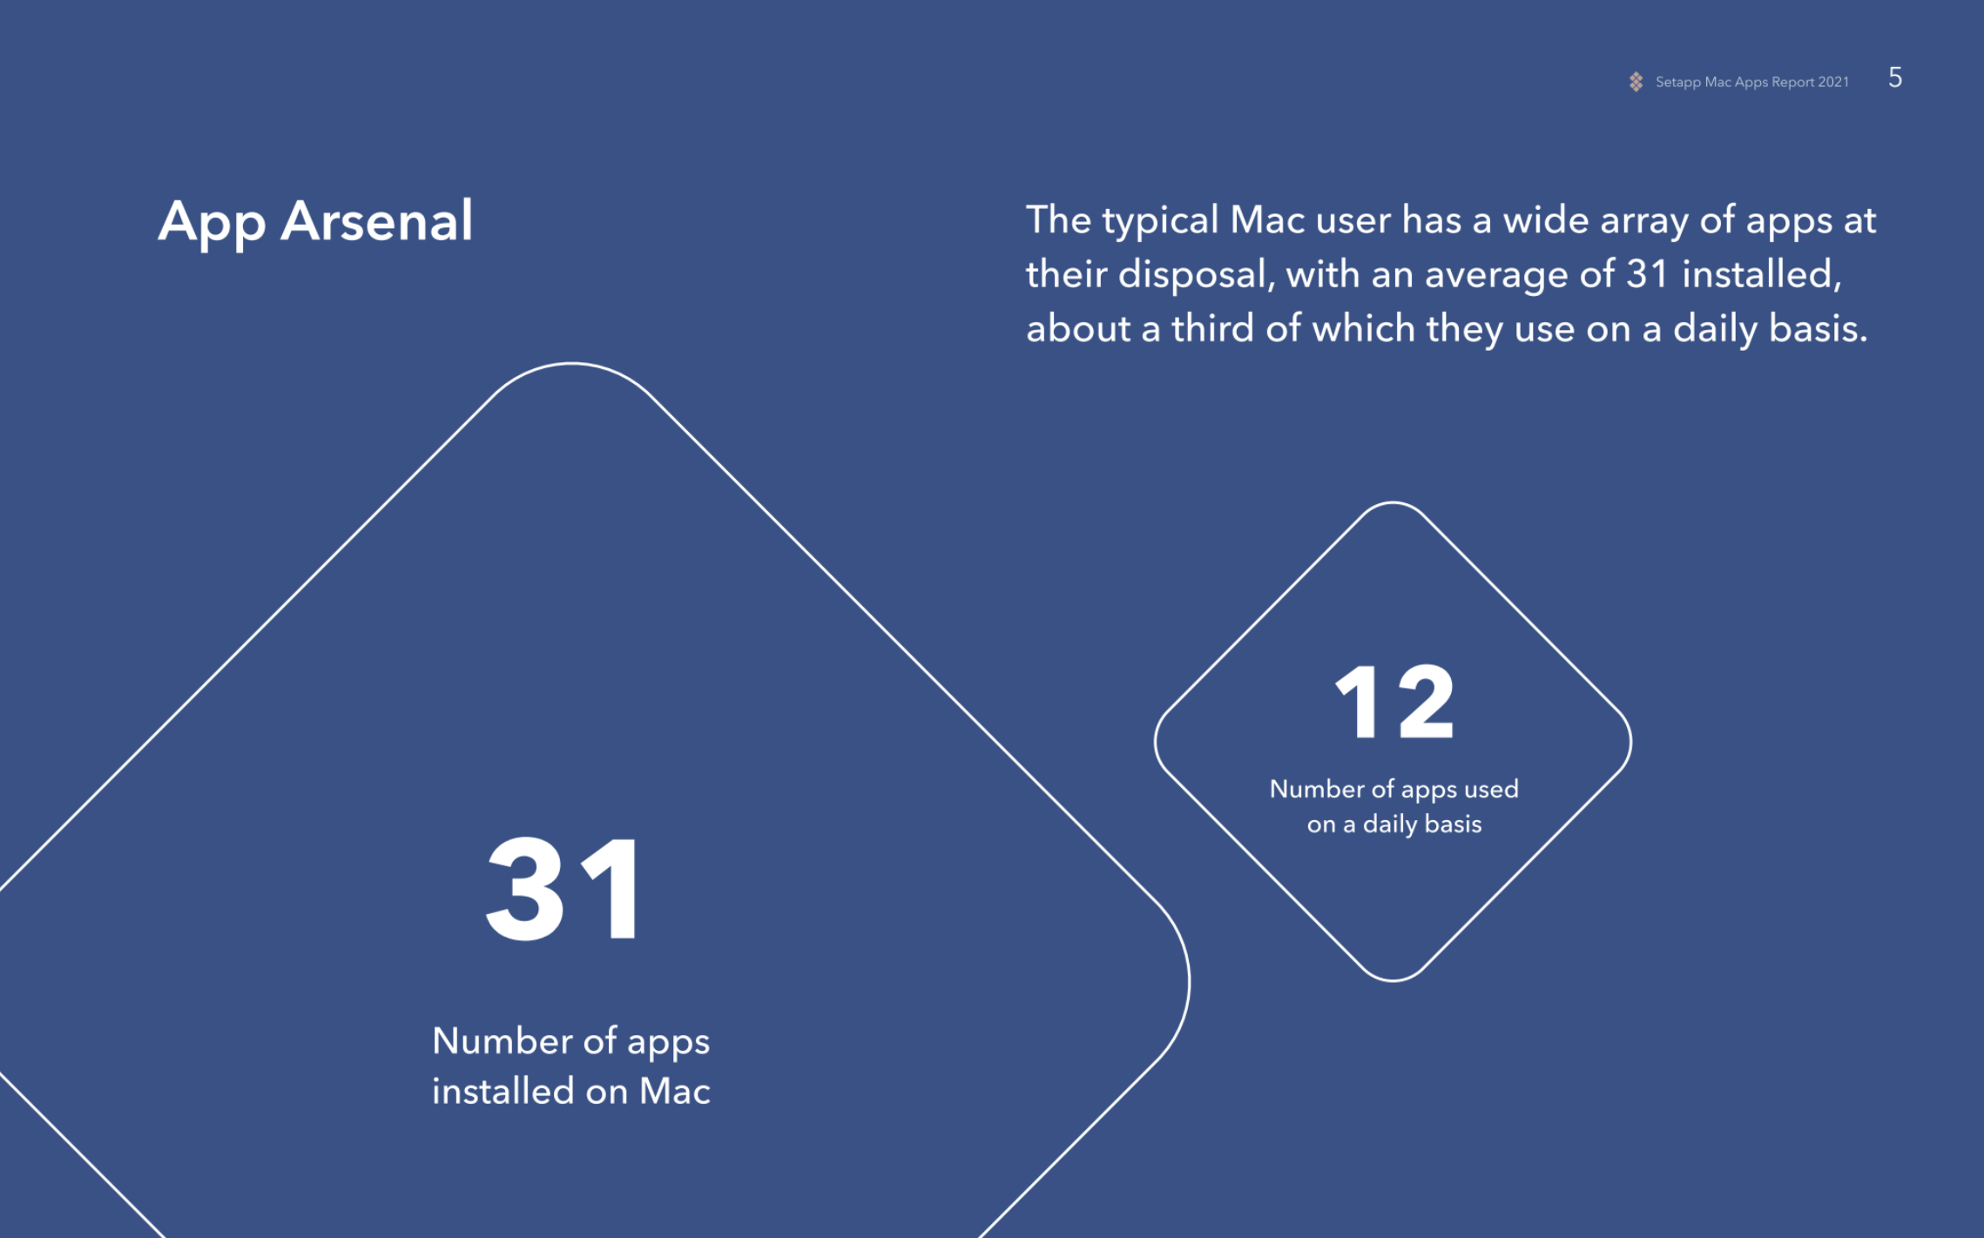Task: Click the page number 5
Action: click(x=1895, y=77)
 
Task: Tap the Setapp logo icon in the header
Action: click(x=1636, y=82)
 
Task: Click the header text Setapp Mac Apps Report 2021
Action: click(x=1751, y=82)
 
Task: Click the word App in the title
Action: click(x=212, y=225)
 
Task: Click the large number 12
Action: click(x=1394, y=702)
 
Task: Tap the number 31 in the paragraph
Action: click(x=1647, y=274)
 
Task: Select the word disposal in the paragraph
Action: click(x=1196, y=276)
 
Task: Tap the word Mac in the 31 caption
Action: click(x=675, y=1091)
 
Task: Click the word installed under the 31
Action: click(x=503, y=1091)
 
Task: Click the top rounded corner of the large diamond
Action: click(x=571, y=364)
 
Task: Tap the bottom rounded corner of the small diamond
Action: click(x=1394, y=980)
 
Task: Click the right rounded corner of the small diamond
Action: click(x=1630, y=742)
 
